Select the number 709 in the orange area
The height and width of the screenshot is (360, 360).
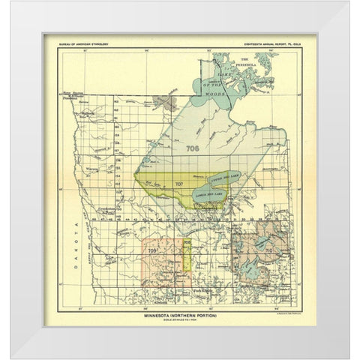[x=152, y=250]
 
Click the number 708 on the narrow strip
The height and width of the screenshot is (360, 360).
[x=187, y=244]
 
